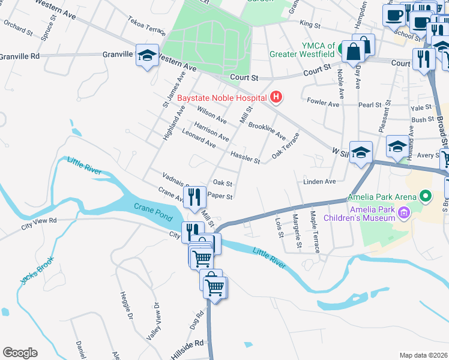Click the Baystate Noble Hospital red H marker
276,96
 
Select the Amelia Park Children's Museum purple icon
405,212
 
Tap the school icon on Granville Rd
147,55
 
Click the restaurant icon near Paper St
194,196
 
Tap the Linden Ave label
319,181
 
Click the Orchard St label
18,26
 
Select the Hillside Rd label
187,343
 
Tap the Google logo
20,353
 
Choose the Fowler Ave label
323,103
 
